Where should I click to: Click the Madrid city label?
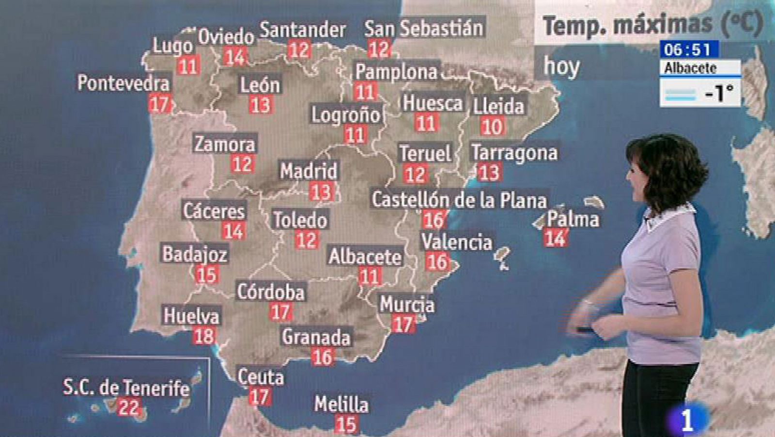click(x=309, y=171)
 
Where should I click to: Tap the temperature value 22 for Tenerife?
click(x=128, y=407)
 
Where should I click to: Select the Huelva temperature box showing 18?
click(x=204, y=336)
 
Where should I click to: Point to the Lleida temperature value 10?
click(x=492, y=127)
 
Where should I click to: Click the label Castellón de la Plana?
click(x=459, y=200)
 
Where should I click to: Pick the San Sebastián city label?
click(x=424, y=28)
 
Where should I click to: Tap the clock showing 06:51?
click(x=688, y=49)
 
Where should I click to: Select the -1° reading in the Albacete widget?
click(x=718, y=93)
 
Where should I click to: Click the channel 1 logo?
click(x=687, y=420)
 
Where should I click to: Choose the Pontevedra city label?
click(x=124, y=83)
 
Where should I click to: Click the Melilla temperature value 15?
click(x=346, y=424)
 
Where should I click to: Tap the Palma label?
click(x=573, y=219)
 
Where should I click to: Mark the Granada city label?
click(x=316, y=337)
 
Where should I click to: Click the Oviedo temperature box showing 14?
click(x=234, y=57)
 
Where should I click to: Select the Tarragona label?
click(x=514, y=152)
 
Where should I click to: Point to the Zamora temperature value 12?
click(x=242, y=164)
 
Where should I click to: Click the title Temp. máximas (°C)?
click(x=651, y=24)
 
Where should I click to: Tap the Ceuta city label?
click(x=261, y=377)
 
